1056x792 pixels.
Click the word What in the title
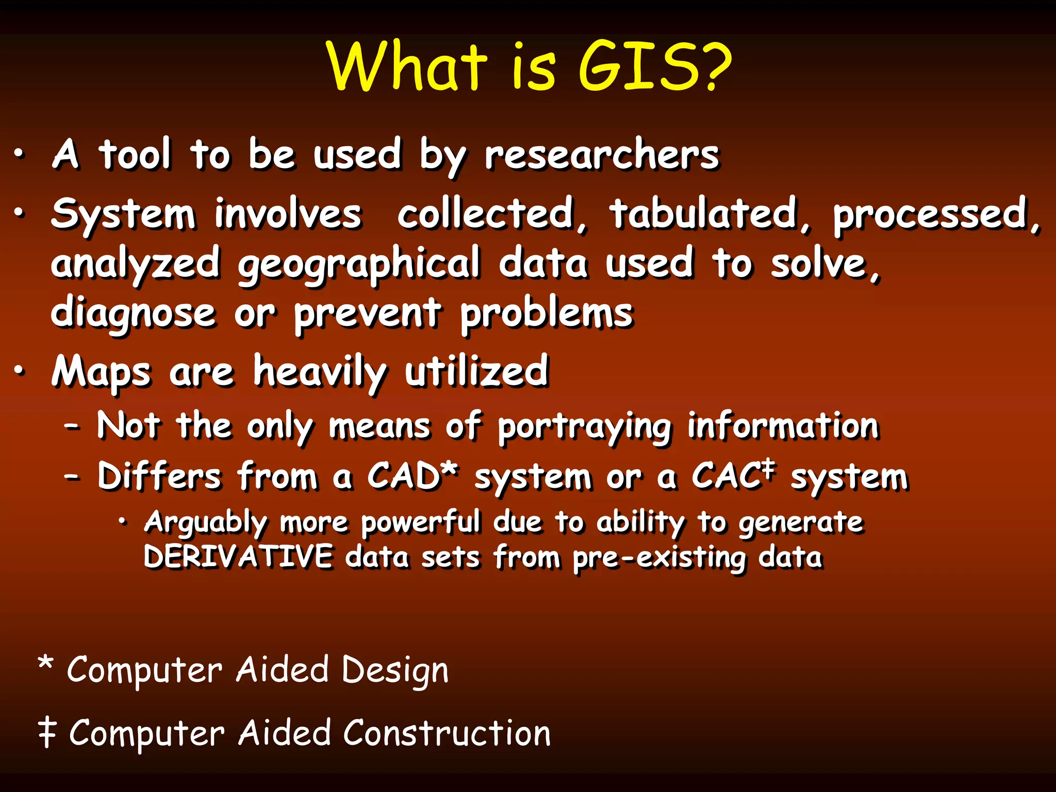[x=407, y=67]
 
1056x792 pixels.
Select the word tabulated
[x=704, y=214]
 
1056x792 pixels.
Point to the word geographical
[x=359, y=264]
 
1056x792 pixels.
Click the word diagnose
[x=133, y=313]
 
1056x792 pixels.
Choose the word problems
[x=546, y=313]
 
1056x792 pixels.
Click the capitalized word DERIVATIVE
[x=238, y=557]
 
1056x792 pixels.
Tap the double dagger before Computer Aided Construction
[x=47, y=733]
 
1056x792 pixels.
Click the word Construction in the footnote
[x=447, y=733]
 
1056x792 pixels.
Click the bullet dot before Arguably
[x=122, y=522]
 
